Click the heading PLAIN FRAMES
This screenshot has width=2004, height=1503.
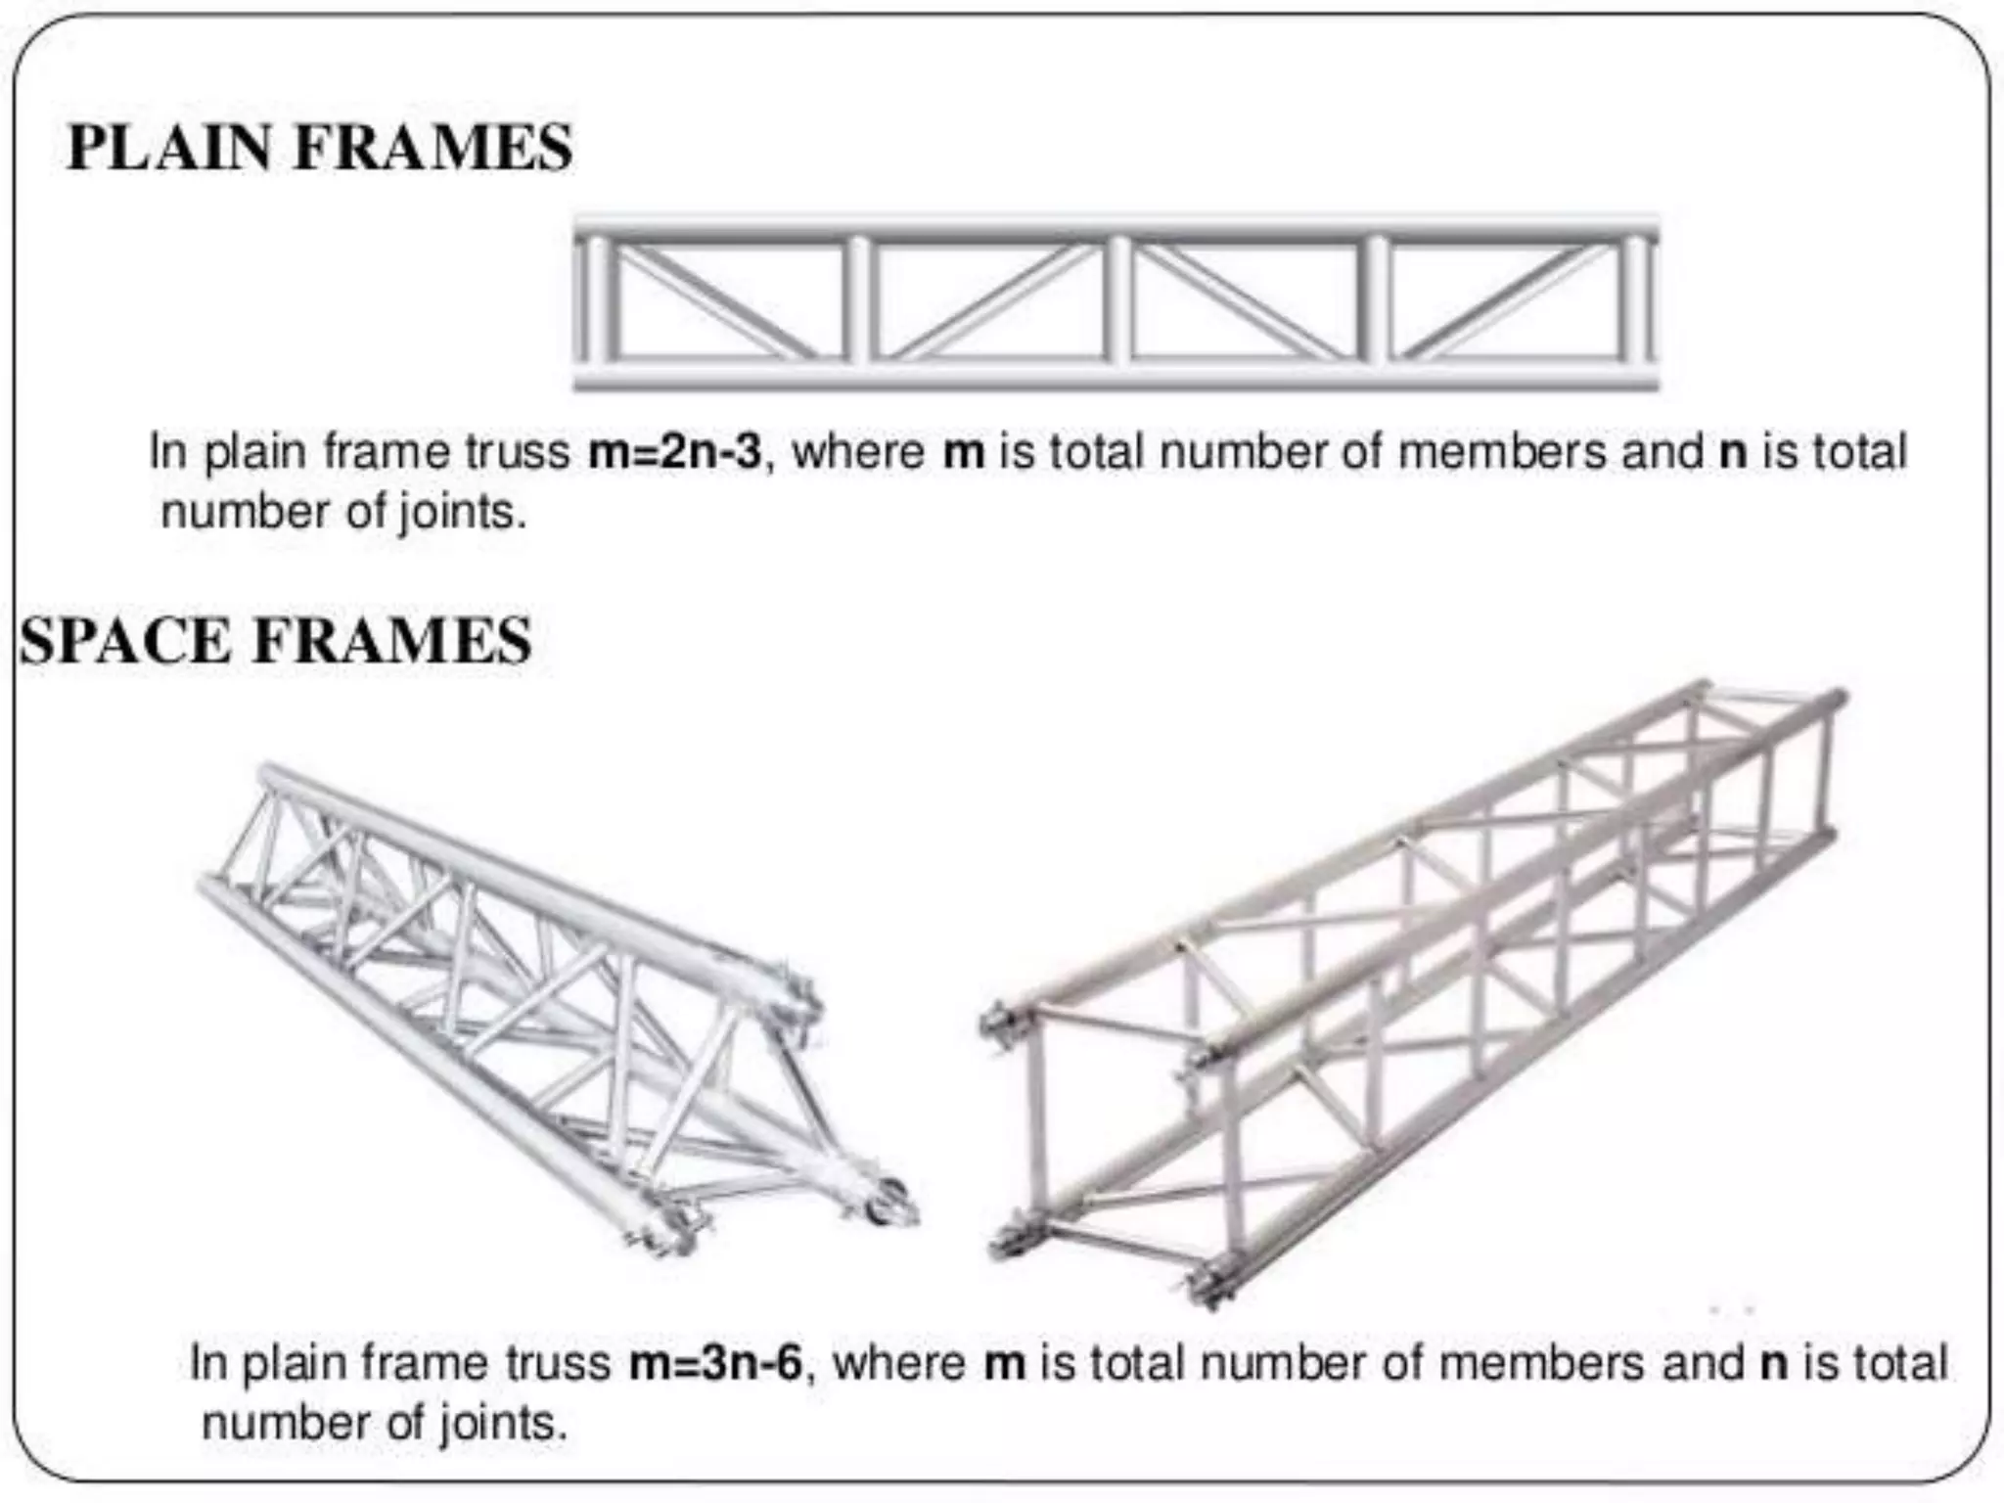[x=319, y=149]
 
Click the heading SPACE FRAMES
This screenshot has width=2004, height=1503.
[x=275, y=641]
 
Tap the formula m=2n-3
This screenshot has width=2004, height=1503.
[x=674, y=452]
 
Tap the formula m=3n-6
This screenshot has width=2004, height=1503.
[x=715, y=1363]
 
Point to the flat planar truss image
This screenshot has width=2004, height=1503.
[x=1116, y=301]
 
